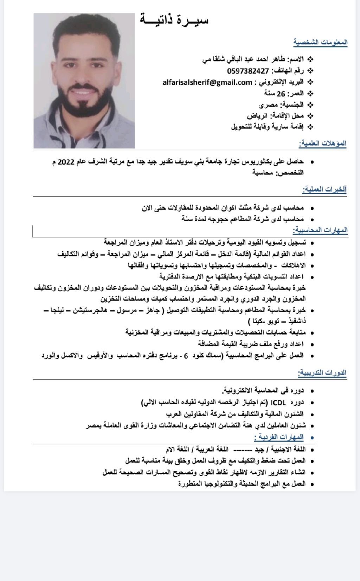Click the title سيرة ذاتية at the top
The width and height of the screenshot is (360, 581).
tap(174, 20)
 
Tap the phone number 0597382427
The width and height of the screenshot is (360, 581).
tap(248, 71)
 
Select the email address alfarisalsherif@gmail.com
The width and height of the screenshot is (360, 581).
tap(207, 83)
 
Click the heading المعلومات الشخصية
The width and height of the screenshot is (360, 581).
tap(321, 43)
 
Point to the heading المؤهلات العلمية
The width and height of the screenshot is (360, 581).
tap(323, 143)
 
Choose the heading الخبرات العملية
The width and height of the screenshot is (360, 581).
tap(324, 190)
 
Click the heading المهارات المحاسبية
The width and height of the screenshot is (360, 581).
tap(320, 230)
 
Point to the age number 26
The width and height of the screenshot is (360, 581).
tap(281, 94)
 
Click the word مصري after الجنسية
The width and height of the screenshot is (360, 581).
tap(269, 105)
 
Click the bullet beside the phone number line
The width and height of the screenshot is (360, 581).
tap(310, 71)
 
